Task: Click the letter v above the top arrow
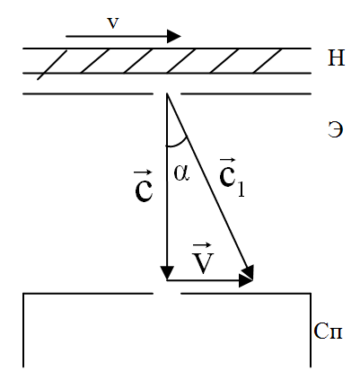tap(113, 23)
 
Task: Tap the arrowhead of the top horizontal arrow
tap(174, 36)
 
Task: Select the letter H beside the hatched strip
tap(337, 57)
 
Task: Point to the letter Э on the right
tap(335, 129)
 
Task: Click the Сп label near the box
tap(328, 331)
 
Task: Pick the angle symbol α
tap(181, 173)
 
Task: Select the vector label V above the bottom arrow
tap(203, 259)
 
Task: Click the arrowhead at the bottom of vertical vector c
tap(167, 273)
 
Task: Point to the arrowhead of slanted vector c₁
tap(249, 272)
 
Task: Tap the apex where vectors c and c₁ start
tap(167, 94)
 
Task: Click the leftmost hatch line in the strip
tap(52, 65)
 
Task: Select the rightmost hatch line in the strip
tap(268, 61)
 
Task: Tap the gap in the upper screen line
tap(167, 94)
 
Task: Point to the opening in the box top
tap(167, 294)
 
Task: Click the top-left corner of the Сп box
tap(23, 294)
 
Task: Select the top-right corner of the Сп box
tap(311, 294)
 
